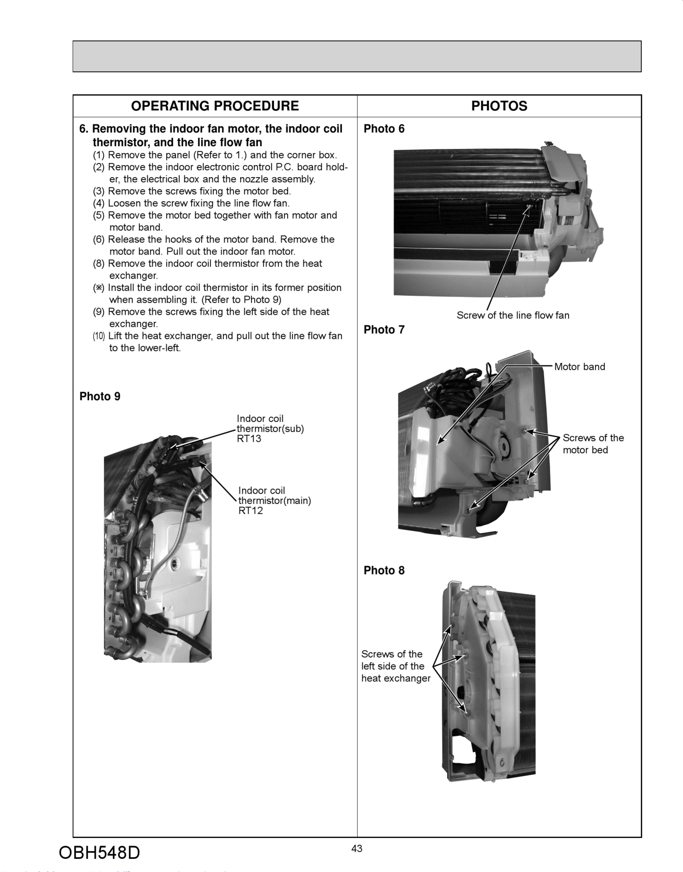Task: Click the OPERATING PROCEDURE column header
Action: coord(215,106)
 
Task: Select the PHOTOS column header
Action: coord(499,106)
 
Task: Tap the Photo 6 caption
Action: coord(384,129)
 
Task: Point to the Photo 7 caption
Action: coord(384,330)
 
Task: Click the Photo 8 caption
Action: coord(384,570)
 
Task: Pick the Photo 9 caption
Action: coord(100,396)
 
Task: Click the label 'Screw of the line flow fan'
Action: coord(513,315)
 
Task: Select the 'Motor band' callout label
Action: coord(579,367)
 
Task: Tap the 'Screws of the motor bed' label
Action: coord(593,444)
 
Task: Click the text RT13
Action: coord(249,439)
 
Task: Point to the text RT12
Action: coord(251,511)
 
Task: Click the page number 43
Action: coord(357,848)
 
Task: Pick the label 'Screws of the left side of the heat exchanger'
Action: coord(396,666)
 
